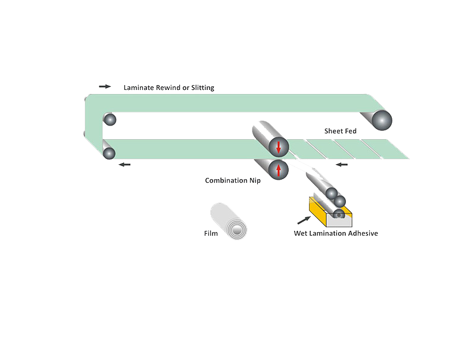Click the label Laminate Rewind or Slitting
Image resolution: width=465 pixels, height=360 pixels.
pyautogui.click(x=168, y=88)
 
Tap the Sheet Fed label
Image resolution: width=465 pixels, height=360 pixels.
pyautogui.click(x=340, y=131)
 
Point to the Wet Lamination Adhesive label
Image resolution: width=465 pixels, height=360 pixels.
pyautogui.click(x=336, y=233)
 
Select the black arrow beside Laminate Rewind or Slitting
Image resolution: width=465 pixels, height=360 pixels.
pyautogui.click(x=105, y=87)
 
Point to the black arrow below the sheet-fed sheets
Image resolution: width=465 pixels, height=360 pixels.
pyautogui.click(x=341, y=164)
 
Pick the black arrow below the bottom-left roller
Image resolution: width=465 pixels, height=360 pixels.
pyautogui.click(x=124, y=164)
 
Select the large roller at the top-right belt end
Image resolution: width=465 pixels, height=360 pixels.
pyautogui.click(x=382, y=120)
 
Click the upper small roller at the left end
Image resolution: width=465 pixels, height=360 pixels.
pyautogui.click(x=110, y=120)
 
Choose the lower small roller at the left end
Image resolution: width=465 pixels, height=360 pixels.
pyautogui.click(x=109, y=154)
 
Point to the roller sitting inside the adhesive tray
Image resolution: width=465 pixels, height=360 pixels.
pyautogui.click(x=338, y=213)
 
